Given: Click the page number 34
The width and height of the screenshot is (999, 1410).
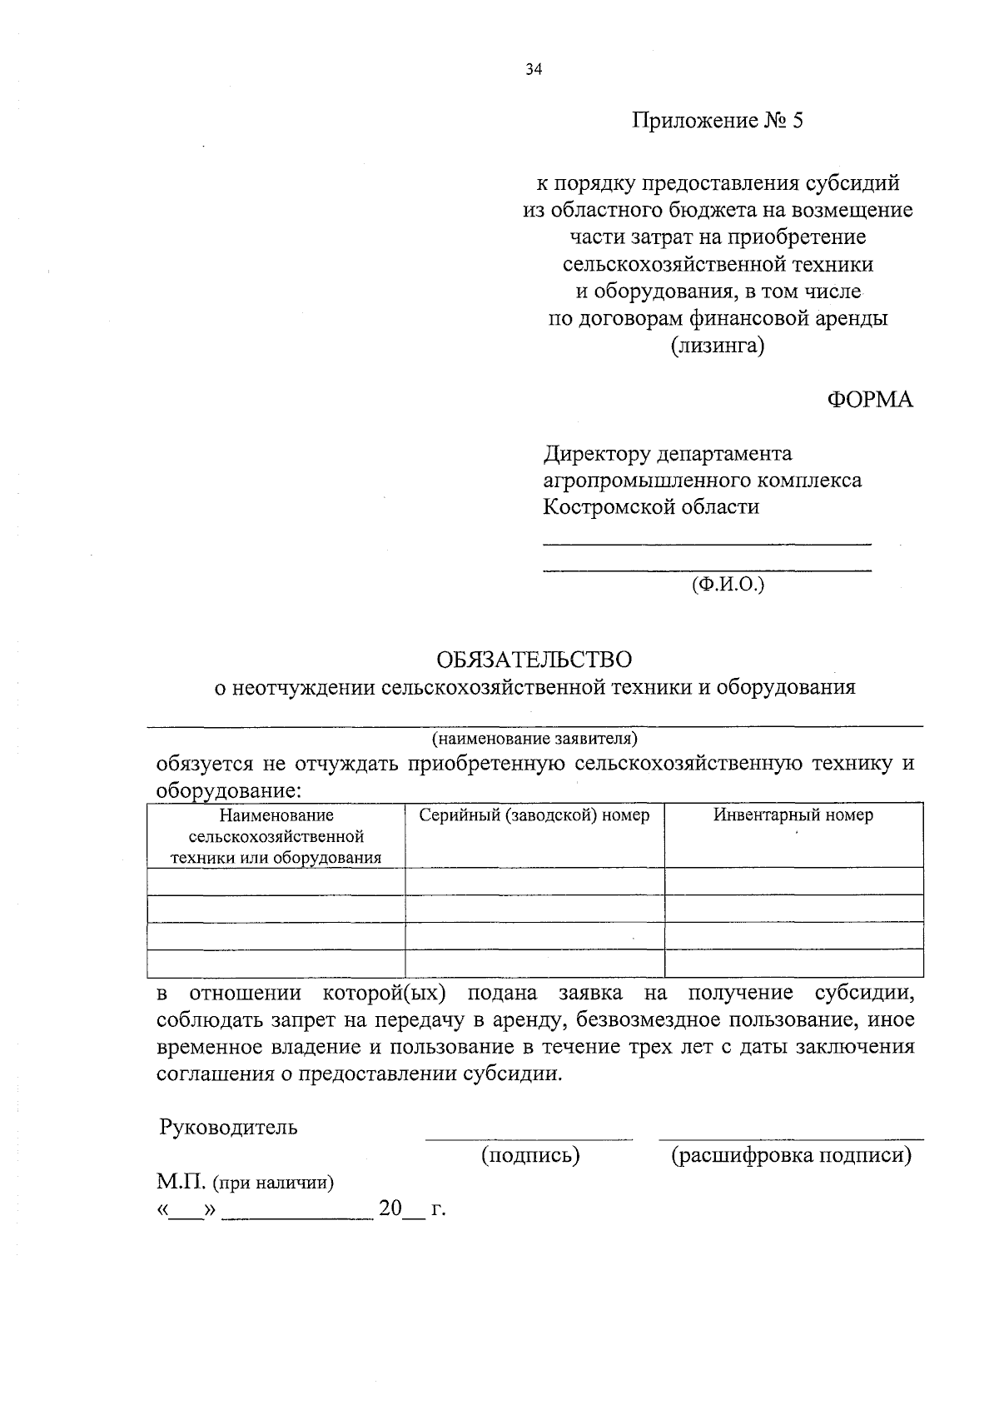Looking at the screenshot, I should pos(534,70).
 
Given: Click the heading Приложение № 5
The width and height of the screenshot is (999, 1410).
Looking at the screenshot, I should pos(718,122).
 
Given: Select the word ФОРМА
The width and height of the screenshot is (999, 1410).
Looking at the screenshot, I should pos(869,400).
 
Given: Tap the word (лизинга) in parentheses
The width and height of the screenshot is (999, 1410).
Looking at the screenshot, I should pos(718,345).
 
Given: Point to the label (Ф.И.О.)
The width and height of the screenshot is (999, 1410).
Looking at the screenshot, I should pos(728,585).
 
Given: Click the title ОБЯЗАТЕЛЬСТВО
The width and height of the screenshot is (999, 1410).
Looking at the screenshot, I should pos(534,660).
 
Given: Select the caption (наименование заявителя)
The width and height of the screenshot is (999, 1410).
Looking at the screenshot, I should pos(534,739).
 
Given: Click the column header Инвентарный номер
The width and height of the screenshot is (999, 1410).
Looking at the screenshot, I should pos(793,815).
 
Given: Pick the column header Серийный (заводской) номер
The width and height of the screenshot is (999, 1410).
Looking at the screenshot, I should pos(534,815).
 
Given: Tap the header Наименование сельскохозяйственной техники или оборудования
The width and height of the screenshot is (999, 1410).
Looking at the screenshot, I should pos(276,836).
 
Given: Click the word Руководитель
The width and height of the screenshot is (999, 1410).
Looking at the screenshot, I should pos(228,1128).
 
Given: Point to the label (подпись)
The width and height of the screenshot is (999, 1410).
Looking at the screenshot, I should pos(530,1155).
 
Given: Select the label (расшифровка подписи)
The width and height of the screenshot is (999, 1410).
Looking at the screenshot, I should pos(791,1155).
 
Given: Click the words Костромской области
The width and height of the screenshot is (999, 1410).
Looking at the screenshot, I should pos(651,506).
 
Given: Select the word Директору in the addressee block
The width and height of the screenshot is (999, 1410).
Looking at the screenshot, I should pos(596,454).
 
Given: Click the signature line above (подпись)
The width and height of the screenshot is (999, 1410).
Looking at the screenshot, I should pos(529,1138).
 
